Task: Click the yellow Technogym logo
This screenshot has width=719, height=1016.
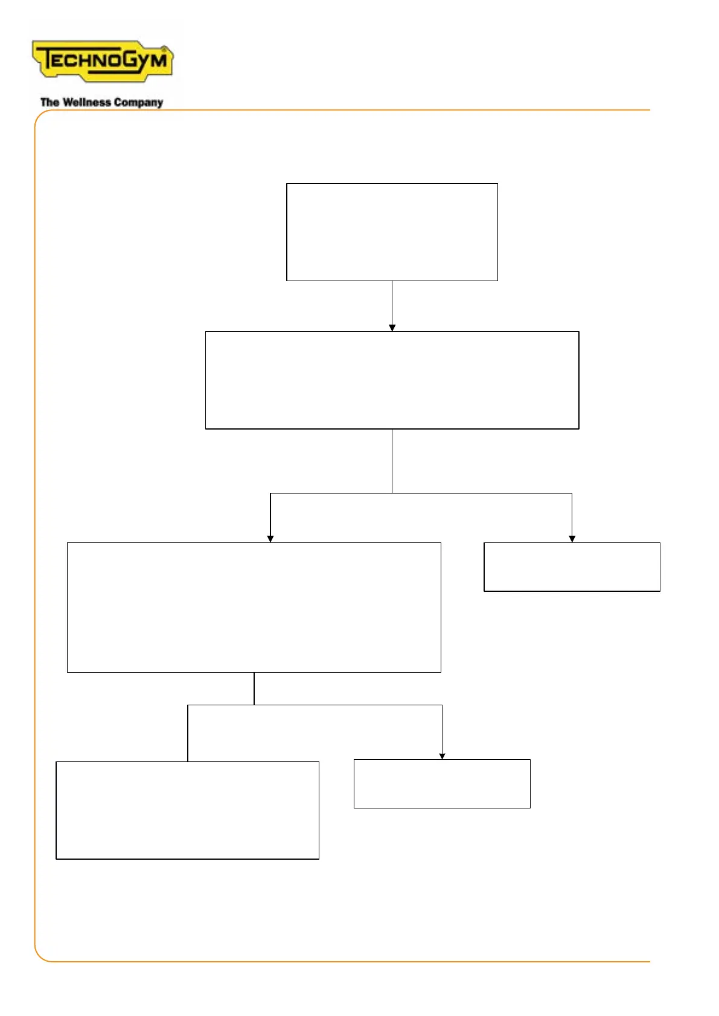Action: [103, 61]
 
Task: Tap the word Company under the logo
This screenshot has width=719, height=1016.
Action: [139, 103]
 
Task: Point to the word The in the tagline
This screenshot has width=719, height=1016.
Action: [50, 103]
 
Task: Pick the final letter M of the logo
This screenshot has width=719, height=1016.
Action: [158, 60]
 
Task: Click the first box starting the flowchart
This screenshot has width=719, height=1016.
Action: [392, 232]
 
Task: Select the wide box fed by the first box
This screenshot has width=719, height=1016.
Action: [392, 380]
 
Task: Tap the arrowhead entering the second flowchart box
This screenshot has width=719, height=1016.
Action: [392, 328]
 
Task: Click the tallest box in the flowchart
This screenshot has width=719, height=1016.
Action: [254, 607]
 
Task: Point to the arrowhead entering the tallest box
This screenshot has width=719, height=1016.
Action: [270, 539]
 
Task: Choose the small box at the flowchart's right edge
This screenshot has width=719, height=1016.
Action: [572, 567]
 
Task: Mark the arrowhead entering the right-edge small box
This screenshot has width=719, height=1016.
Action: [572, 539]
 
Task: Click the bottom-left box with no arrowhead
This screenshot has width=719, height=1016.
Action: [187, 810]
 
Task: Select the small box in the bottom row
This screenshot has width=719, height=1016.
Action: [442, 784]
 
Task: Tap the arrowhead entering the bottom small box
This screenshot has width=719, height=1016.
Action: [442, 756]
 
